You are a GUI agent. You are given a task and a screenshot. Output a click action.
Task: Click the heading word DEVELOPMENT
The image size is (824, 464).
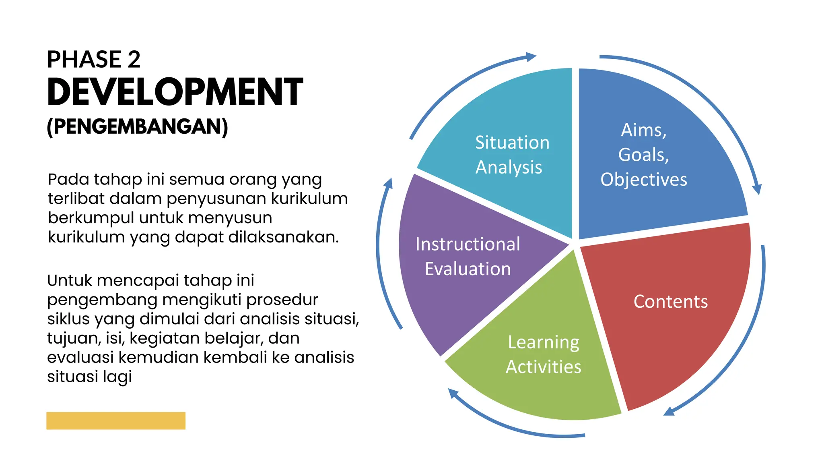175,92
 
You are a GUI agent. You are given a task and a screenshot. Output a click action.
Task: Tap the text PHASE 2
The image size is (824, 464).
93,59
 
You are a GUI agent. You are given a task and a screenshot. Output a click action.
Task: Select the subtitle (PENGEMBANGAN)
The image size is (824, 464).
137,126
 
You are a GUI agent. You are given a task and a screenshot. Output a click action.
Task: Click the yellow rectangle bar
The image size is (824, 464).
115,420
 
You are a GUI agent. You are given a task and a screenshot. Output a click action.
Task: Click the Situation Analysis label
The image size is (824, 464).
512,155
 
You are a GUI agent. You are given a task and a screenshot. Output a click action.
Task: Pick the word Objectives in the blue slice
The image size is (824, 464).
644,180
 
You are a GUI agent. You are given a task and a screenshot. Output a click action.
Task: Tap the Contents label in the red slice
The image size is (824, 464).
670,302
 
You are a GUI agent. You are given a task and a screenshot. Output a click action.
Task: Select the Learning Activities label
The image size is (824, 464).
544,354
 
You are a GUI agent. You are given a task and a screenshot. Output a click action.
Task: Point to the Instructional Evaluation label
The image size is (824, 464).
468,257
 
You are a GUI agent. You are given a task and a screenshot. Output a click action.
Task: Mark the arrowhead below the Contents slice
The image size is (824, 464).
669,412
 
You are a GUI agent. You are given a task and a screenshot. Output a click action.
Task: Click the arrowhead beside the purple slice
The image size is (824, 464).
388,184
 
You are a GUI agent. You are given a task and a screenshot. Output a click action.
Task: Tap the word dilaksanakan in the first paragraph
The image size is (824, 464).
283,237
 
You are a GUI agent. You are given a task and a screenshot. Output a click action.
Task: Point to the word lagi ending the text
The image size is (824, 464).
117,377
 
